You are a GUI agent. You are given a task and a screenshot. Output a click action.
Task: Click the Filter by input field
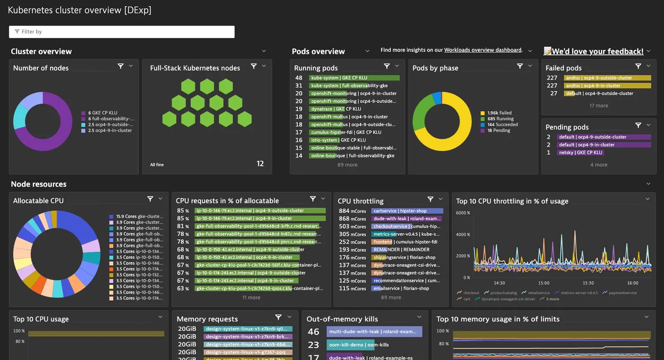tap(122, 32)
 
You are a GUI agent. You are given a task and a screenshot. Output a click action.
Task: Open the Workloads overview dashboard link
tap(483, 50)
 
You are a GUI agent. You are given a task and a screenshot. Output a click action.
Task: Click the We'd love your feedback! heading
tap(597, 51)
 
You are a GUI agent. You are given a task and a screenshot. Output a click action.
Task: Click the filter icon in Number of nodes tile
tap(121, 66)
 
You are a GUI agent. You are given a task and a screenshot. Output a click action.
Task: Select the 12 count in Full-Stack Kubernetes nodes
tap(260, 164)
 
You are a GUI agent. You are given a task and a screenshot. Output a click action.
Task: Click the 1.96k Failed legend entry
tap(499, 113)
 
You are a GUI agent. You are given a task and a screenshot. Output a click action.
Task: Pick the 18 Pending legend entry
tap(498, 130)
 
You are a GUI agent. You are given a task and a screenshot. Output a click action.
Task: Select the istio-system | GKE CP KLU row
tap(338, 140)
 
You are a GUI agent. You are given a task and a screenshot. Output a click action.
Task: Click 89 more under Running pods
tap(347, 165)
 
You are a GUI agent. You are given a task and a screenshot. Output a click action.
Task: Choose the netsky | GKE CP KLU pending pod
tap(580, 153)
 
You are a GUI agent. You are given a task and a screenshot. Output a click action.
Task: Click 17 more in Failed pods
tap(598, 106)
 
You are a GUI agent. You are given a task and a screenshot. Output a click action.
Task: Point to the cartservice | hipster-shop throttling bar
tap(407, 211)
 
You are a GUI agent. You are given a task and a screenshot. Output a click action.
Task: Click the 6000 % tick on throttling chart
tap(463, 213)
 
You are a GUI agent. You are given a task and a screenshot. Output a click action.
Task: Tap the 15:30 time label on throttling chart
tap(588, 283)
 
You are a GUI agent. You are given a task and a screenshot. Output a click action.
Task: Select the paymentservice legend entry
tap(622, 293)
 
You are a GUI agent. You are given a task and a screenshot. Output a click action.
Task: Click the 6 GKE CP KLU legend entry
tap(103, 113)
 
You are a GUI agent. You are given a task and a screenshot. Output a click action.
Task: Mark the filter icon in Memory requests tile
tap(278, 317)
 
